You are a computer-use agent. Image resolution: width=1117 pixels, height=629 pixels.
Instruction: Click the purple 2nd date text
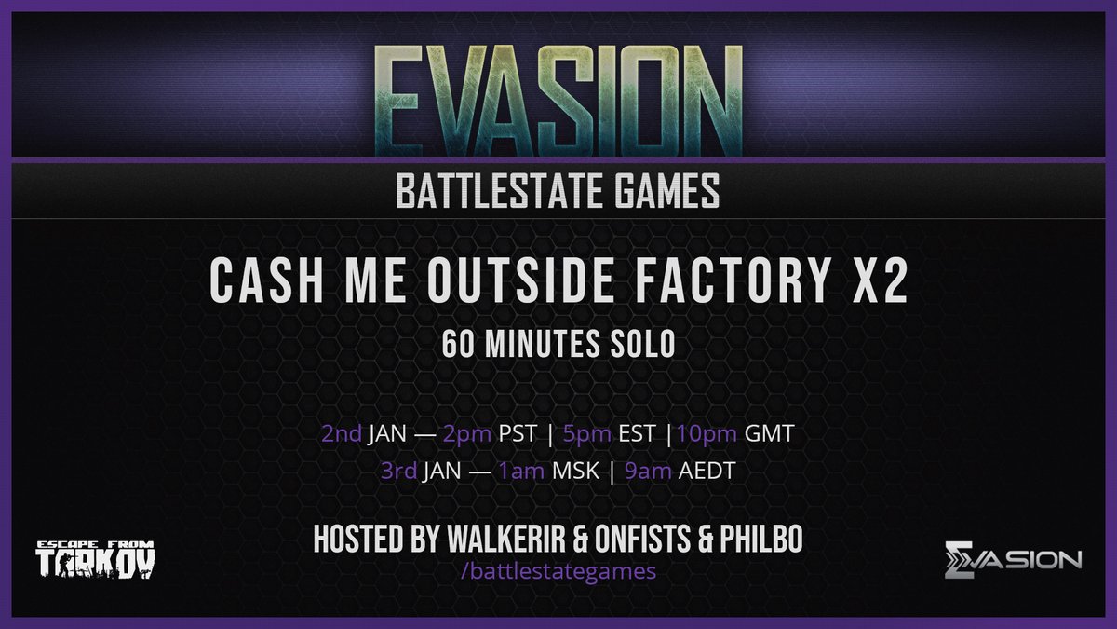pos(342,434)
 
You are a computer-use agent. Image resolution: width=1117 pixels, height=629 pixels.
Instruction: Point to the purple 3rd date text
pos(399,472)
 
